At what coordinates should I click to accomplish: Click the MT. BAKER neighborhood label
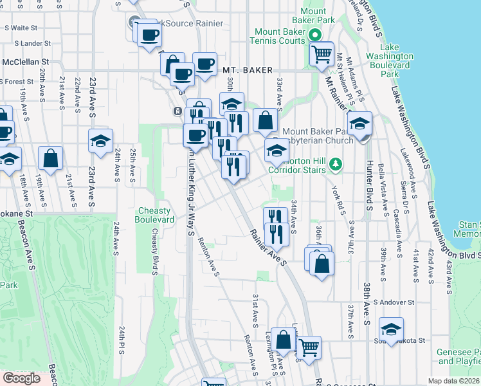point(248,70)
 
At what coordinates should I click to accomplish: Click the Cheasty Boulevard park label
point(155,215)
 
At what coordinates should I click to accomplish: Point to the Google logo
point(21,378)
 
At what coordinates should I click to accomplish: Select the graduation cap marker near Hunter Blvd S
point(360,124)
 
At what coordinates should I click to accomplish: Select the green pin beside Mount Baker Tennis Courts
point(315,35)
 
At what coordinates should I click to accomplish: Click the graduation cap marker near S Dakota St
point(391,330)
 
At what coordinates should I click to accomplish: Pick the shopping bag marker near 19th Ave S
point(50,158)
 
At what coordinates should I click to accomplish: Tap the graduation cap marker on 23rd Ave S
point(100,142)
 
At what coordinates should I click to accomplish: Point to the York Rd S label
point(336,202)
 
